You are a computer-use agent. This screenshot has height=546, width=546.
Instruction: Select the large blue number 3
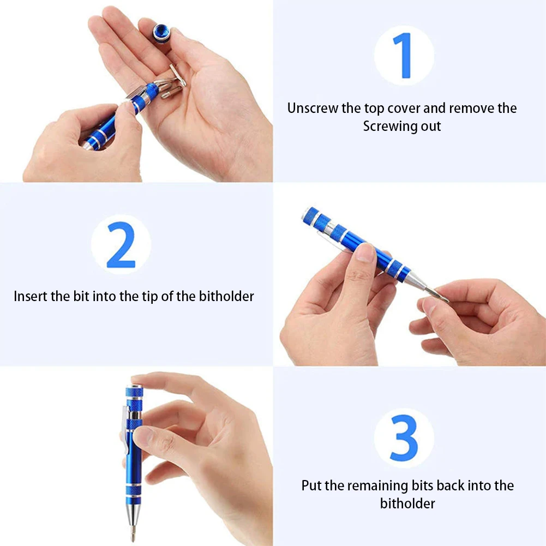pyautogui.click(x=404, y=437)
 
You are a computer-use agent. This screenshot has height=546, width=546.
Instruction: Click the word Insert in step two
pyautogui.click(x=31, y=296)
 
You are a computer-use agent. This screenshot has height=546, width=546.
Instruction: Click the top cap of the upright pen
pyautogui.click(x=134, y=392)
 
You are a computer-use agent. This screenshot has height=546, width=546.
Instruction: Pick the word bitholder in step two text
pyautogui.click(x=228, y=296)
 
